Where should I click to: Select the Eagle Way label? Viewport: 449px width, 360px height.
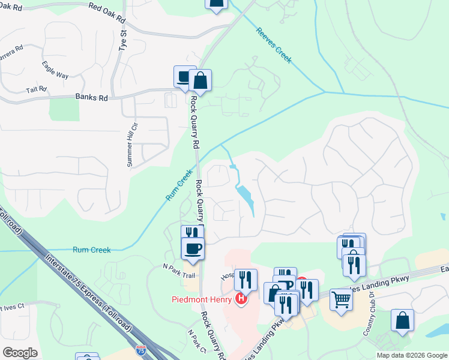click(x=55, y=70)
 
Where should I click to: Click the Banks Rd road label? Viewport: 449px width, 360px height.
click(x=91, y=97)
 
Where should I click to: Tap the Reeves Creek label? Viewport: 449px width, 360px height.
click(x=273, y=45)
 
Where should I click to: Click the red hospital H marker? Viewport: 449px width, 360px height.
click(x=241, y=298)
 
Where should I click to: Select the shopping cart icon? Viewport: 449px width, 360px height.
click(x=341, y=298)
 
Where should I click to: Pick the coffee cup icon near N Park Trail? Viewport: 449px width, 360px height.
click(x=193, y=248)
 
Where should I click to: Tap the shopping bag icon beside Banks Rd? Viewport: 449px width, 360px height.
click(x=200, y=80)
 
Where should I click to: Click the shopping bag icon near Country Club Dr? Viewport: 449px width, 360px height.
click(x=402, y=320)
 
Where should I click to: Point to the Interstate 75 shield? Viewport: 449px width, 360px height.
click(x=141, y=349)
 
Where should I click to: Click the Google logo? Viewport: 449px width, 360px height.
click(x=20, y=352)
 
